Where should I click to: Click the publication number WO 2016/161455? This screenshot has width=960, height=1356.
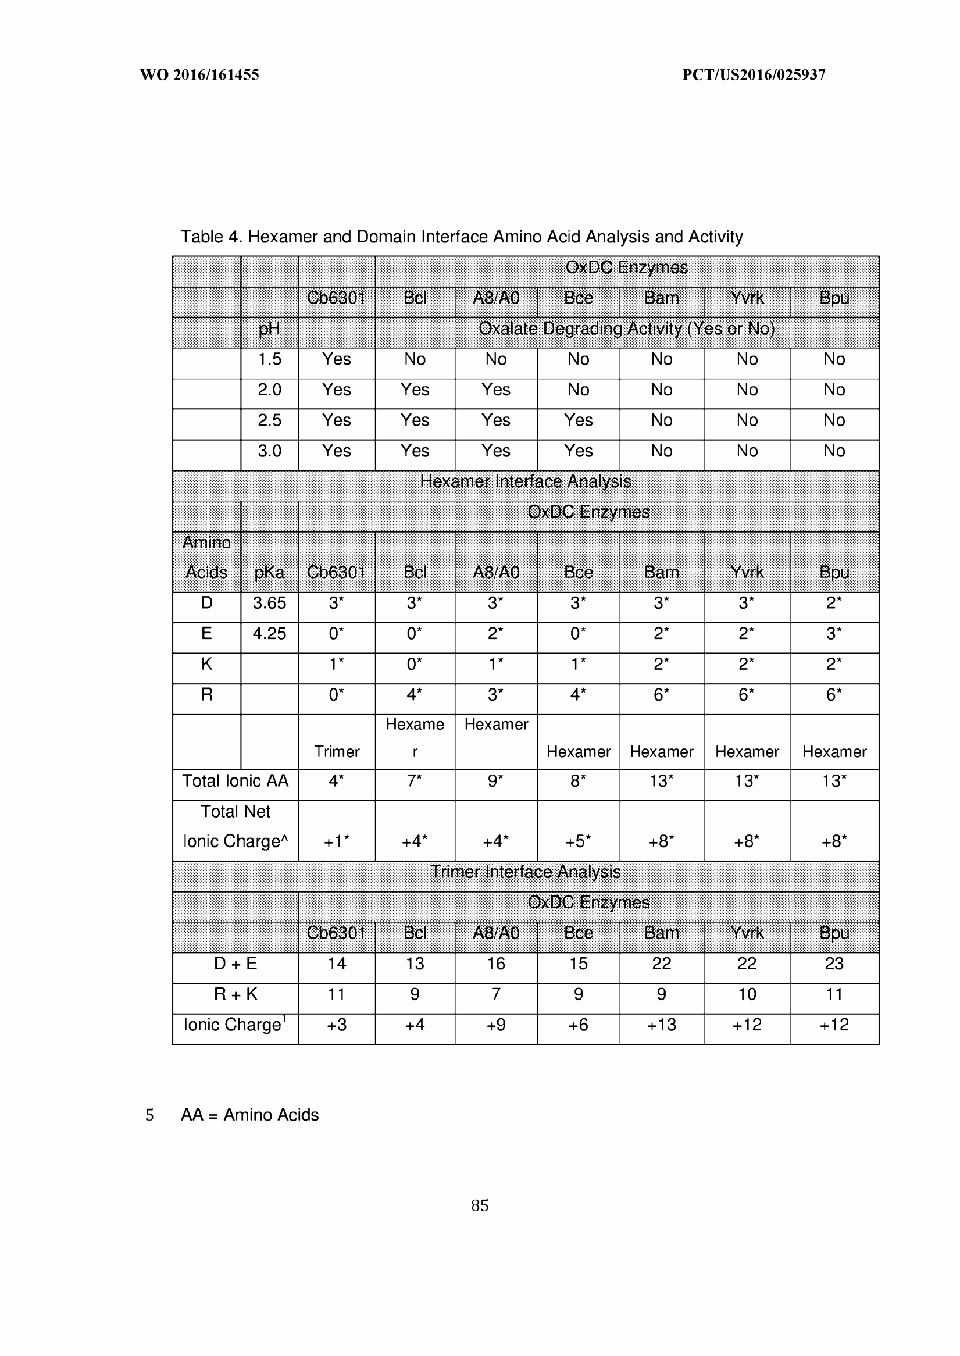[x=199, y=75]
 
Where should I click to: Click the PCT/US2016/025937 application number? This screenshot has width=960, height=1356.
[x=754, y=75]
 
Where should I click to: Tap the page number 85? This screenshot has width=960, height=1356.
[x=479, y=1205]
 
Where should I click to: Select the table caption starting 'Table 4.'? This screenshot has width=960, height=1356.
[x=461, y=237]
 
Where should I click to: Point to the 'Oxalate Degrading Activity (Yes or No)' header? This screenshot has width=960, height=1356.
[x=626, y=329]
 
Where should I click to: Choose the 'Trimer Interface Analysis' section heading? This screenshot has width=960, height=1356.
[x=525, y=872]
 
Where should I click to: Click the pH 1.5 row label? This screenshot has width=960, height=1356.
[x=270, y=359]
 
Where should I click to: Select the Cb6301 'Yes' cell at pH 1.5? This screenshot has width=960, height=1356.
[x=336, y=359]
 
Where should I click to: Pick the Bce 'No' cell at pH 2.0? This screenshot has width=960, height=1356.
[x=578, y=390]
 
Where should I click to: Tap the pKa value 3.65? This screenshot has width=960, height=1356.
[x=269, y=604]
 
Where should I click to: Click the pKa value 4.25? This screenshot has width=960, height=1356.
[x=269, y=634]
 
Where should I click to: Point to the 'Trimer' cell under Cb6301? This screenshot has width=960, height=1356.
[x=336, y=752]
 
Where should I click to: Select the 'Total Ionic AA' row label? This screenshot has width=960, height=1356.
[x=235, y=782]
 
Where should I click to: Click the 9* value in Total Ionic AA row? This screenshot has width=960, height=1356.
[x=496, y=782]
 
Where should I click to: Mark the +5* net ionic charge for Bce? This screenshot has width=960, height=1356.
[x=578, y=842]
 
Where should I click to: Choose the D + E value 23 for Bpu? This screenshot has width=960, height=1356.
[x=834, y=964]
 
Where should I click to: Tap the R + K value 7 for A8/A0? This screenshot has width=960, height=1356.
[x=496, y=995]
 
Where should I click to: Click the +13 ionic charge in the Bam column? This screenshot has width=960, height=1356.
[x=662, y=1025]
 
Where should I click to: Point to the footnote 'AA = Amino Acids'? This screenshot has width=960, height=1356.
[x=249, y=1115]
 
